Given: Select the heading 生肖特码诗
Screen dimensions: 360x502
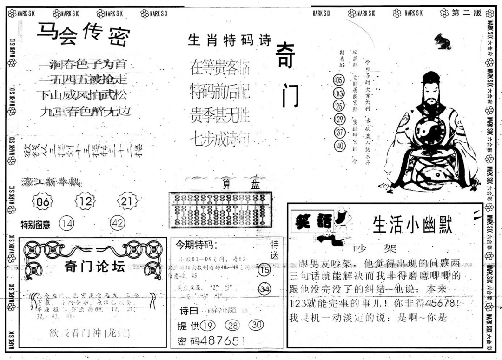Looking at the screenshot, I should click(x=229, y=40).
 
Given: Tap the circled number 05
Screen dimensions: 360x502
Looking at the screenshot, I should click(x=339, y=80).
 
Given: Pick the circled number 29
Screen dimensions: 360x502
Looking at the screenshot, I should click(x=340, y=119).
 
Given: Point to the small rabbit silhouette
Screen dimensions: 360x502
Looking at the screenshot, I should click(x=442, y=42).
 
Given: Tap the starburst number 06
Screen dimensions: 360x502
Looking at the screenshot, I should click(x=42, y=201).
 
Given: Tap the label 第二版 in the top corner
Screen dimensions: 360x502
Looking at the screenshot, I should click(x=466, y=13).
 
